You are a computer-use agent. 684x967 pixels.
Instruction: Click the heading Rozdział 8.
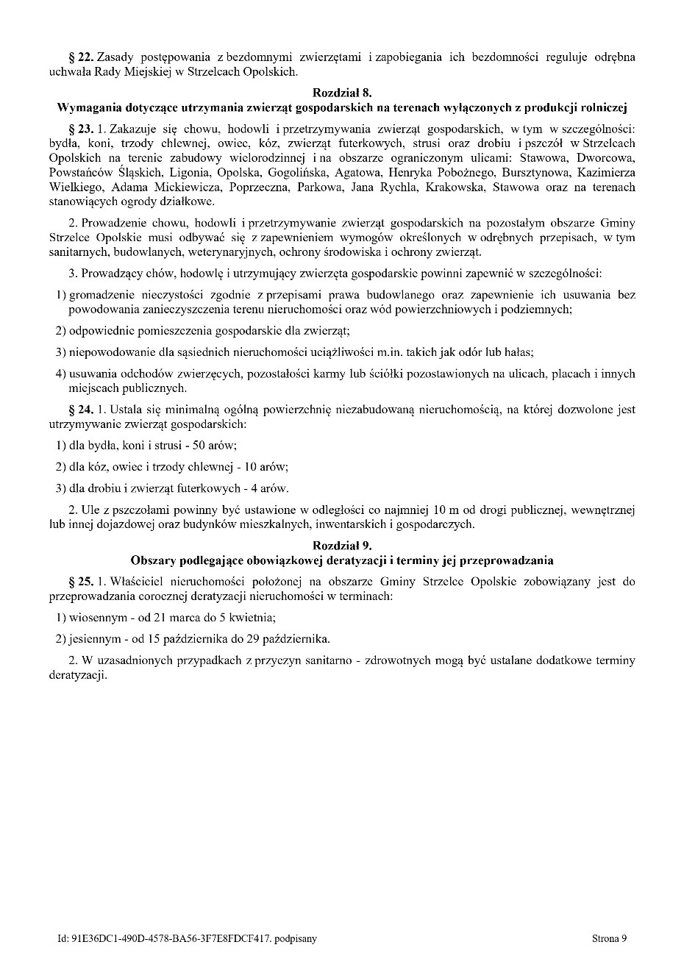[x=342, y=93]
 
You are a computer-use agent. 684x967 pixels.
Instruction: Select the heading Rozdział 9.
[x=342, y=546]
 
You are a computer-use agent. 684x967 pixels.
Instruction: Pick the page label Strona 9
[x=609, y=938]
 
